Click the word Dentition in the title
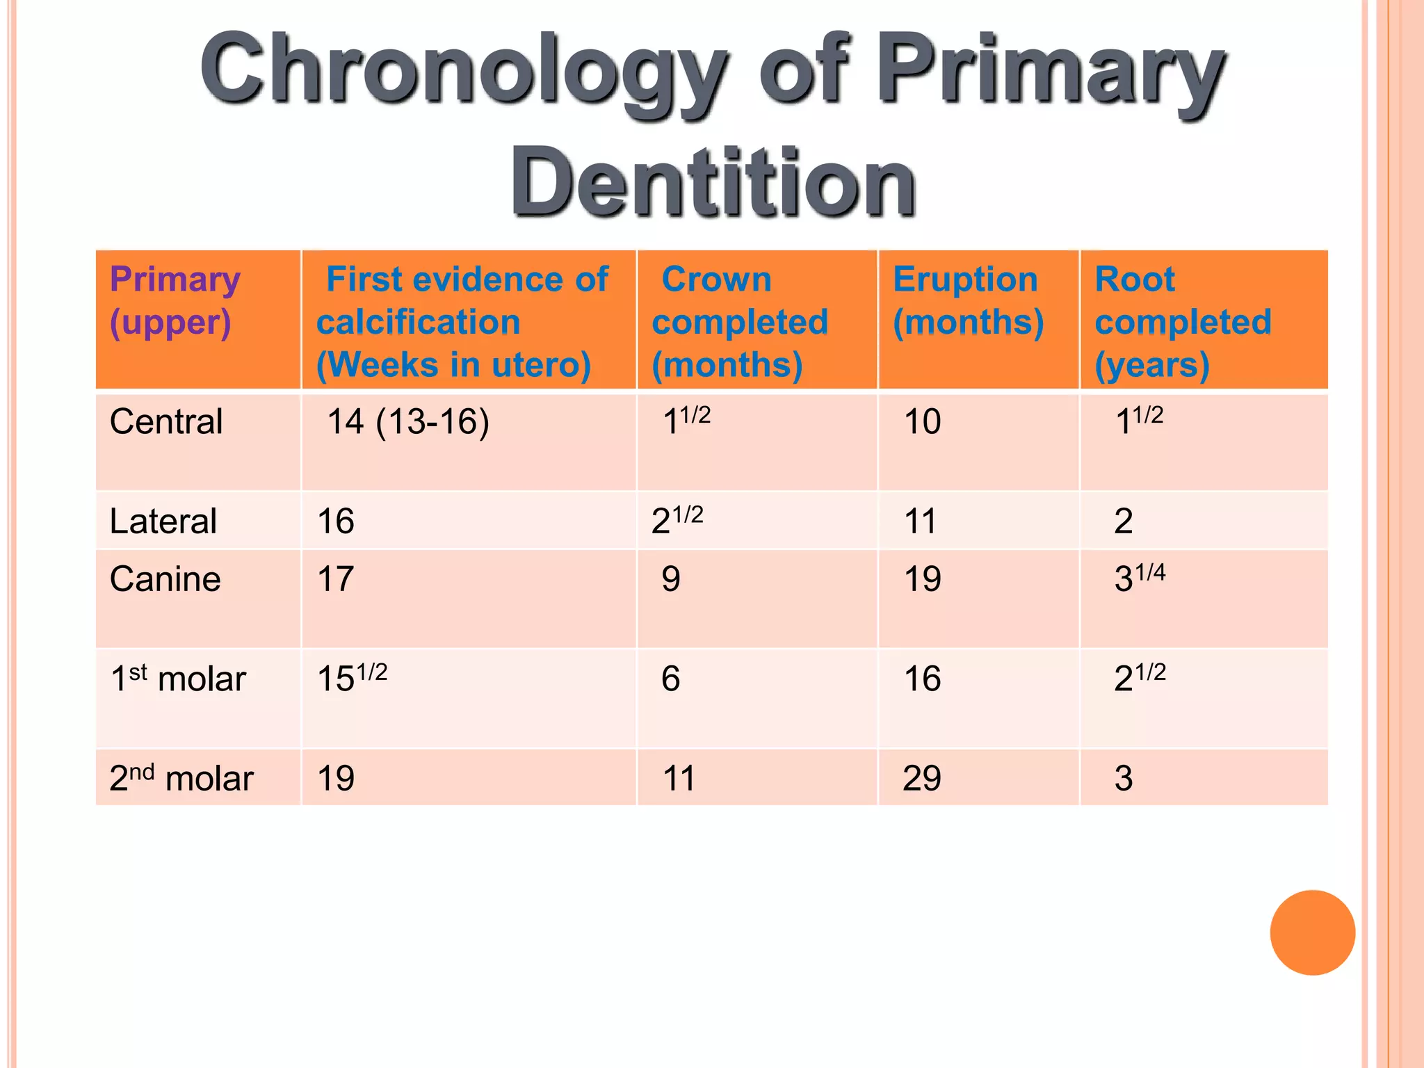pos(713,182)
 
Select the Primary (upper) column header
pos(175,300)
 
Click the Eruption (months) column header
pos(968,300)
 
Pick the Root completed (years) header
pos(1183,321)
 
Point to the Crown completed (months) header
pos(740,321)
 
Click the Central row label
pos(166,421)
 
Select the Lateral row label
pos(163,521)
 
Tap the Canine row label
pos(165,578)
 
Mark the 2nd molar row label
pos(181,777)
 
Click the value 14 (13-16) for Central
pos(408,421)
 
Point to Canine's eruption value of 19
pos(922,578)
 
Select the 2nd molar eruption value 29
pos(922,777)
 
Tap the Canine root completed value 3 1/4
pos(1140,577)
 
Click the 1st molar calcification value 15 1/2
pos(352,677)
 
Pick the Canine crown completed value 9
pos(671,578)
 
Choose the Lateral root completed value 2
pos(1124,521)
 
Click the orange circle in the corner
pos(1312,932)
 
